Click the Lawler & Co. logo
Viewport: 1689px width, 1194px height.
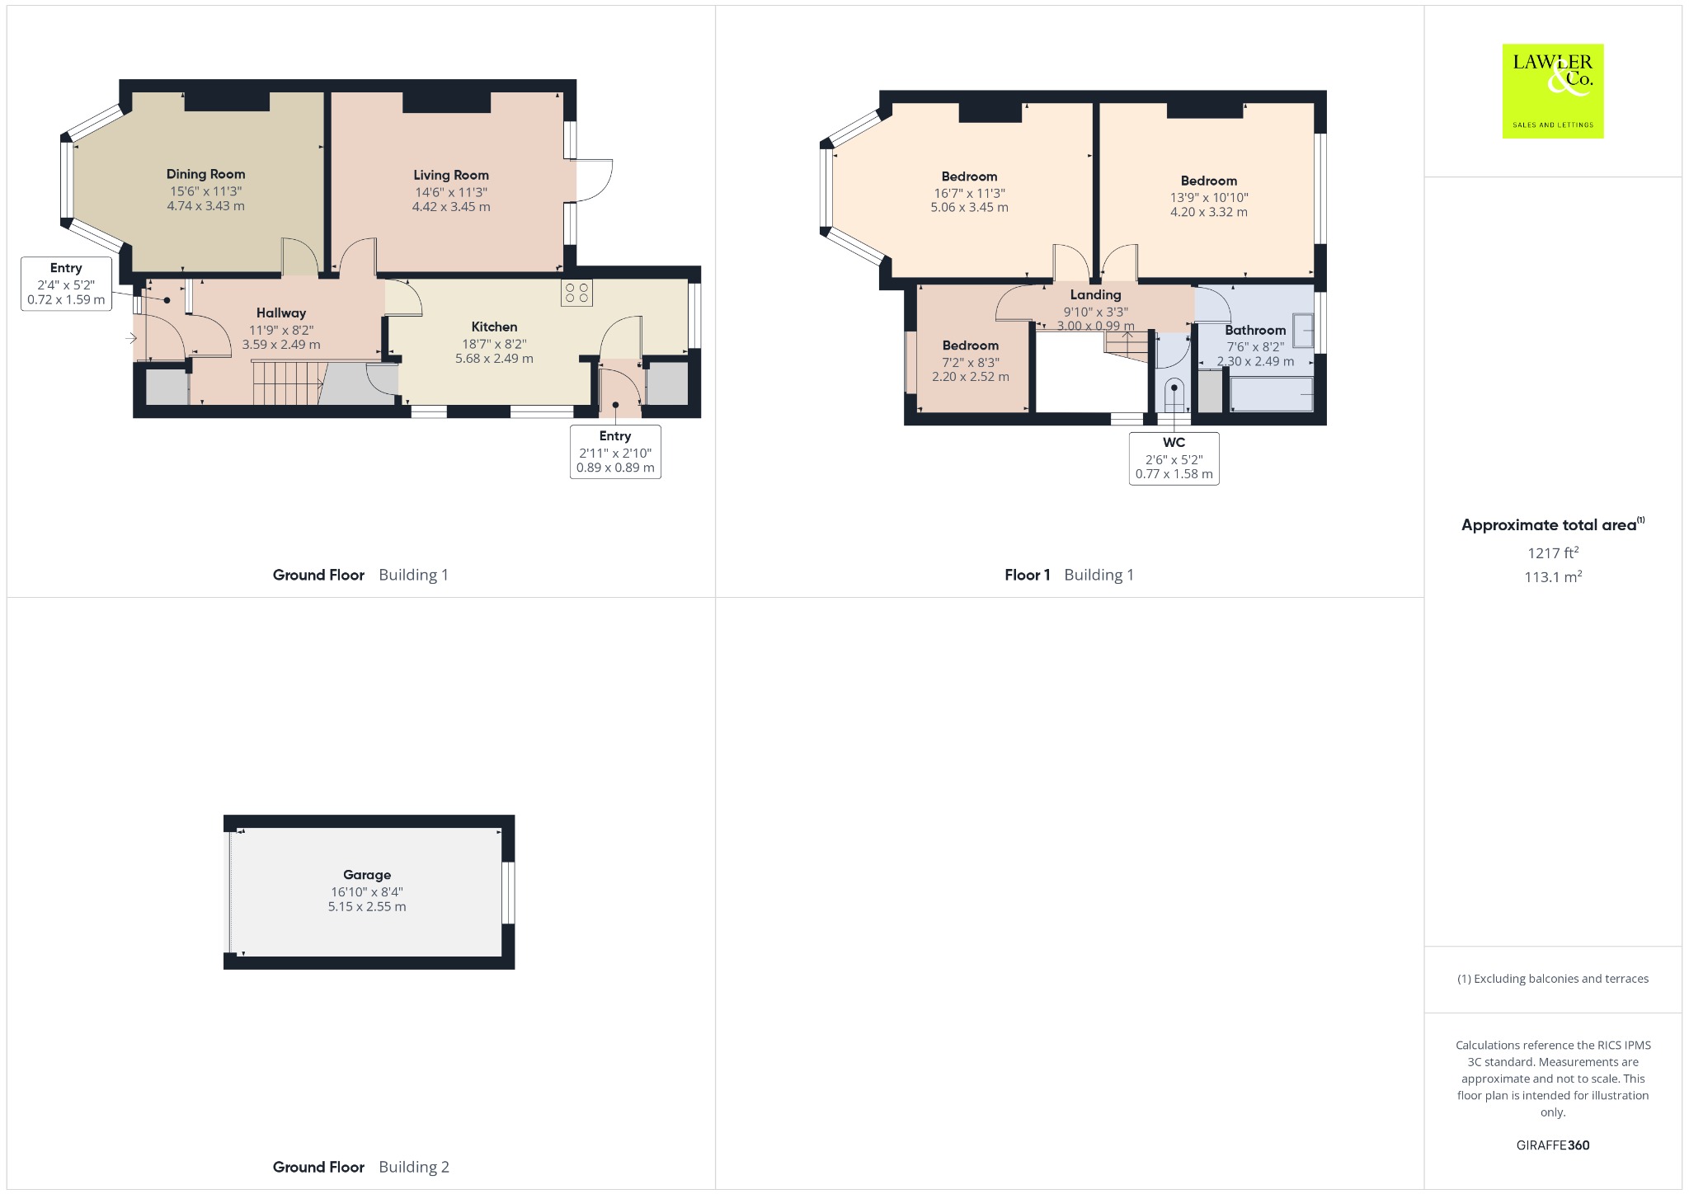[1553, 91]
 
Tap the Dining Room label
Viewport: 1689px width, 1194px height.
[205, 174]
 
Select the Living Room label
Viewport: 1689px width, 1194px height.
[451, 175]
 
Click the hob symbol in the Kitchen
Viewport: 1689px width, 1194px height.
[576, 293]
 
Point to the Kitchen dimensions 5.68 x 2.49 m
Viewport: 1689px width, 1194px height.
[494, 359]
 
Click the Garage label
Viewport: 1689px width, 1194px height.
[367, 875]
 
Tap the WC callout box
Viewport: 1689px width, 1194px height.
[1174, 458]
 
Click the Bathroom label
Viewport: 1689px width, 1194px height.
[1255, 330]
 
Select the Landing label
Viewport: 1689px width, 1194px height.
[1095, 294]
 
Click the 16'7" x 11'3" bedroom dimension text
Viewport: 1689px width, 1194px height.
[969, 193]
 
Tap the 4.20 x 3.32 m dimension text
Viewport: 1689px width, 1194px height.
[1209, 212]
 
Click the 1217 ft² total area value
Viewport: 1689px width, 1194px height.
[1553, 552]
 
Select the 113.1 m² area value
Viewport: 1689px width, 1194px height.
[1553, 576]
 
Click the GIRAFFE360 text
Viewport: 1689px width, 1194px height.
[1553, 1145]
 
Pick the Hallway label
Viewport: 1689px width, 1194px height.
[281, 313]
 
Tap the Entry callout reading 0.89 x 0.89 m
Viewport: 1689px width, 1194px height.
[615, 452]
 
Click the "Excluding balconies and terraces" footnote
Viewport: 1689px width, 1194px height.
[1553, 979]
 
